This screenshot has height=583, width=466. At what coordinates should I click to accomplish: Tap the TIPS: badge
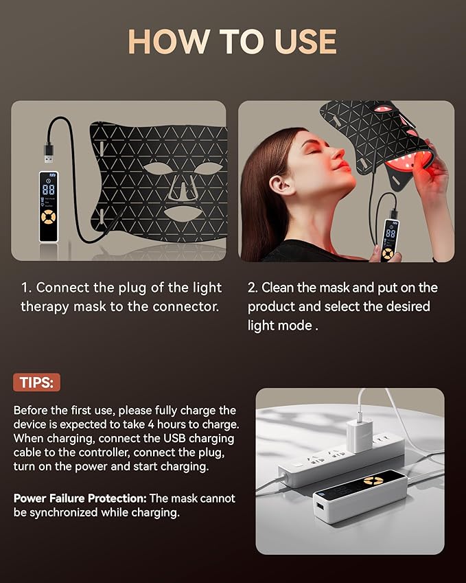(36, 382)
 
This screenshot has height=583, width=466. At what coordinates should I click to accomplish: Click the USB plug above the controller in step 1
(49, 153)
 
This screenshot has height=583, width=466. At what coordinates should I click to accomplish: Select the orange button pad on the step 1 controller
(49, 216)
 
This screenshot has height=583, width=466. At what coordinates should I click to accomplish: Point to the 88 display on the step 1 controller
(49, 190)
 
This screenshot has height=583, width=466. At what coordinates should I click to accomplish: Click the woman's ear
(277, 185)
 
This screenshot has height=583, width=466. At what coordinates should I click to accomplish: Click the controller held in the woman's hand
(388, 240)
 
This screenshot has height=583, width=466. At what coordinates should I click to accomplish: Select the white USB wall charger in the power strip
(360, 437)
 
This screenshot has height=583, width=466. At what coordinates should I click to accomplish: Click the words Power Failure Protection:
(80, 499)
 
